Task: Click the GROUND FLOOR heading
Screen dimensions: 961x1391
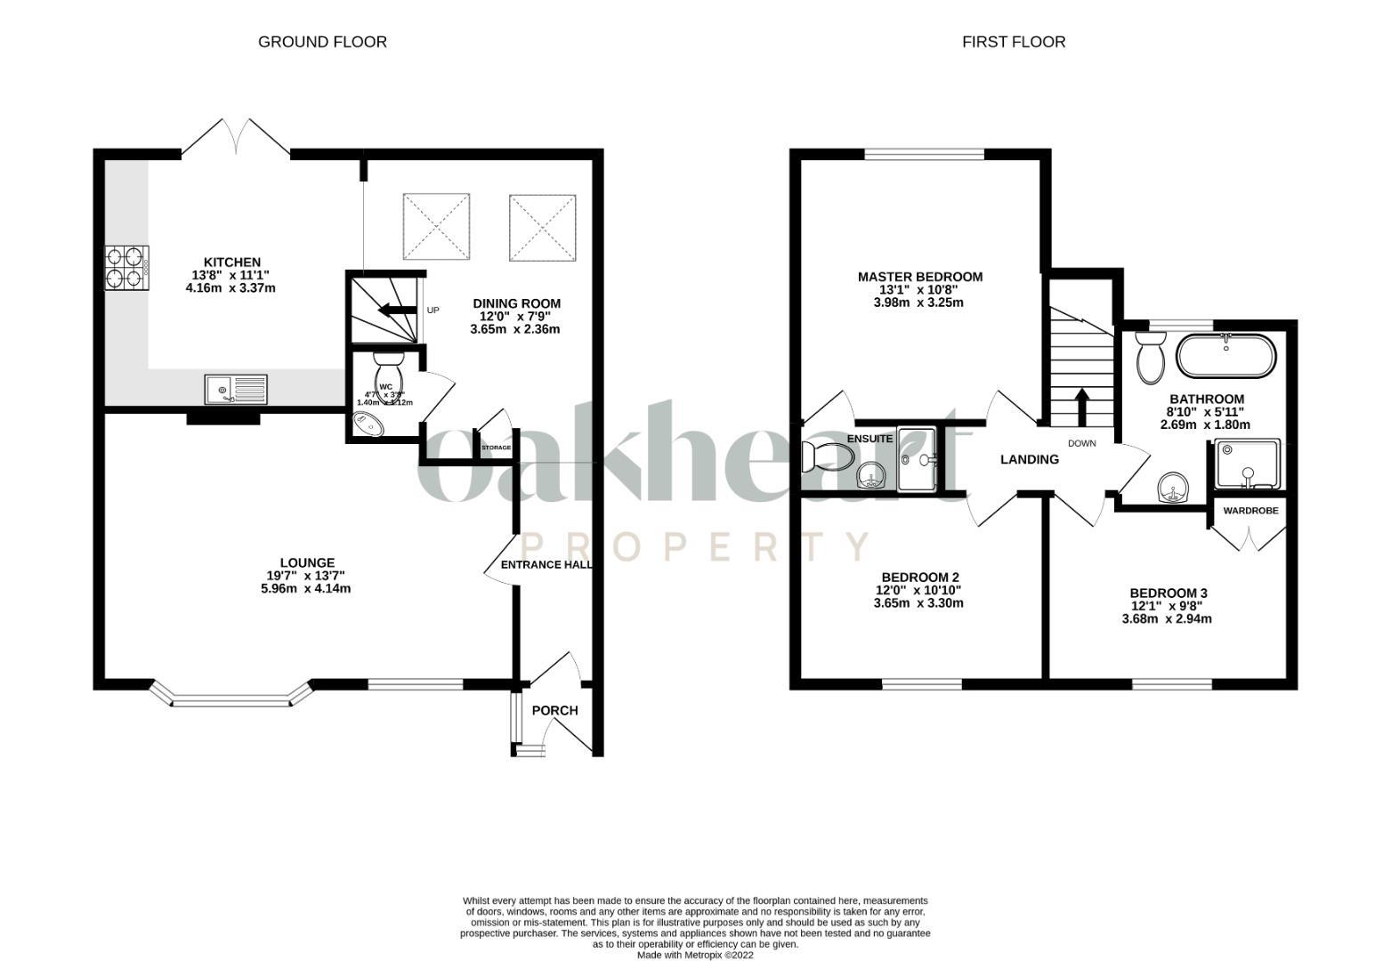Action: click(x=322, y=42)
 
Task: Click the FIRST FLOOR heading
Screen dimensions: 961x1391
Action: click(x=1013, y=42)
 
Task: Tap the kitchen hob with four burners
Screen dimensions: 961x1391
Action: click(x=126, y=268)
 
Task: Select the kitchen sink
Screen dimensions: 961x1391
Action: click(x=235, y=389)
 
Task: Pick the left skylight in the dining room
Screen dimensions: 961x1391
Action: click(x=436, y=228)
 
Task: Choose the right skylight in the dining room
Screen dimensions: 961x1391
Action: click(x=543, y=228)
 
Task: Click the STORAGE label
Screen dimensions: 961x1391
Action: click(x=496, y=448)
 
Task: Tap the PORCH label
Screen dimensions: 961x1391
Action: click(x=554, y=710)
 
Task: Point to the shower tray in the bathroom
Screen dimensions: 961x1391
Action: click(x=1248, y=464)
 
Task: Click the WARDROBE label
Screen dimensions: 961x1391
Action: click(x=1250, y=511)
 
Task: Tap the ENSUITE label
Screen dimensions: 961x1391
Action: click(x=869, y=439)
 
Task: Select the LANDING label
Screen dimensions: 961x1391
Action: click(x=1030, y=460)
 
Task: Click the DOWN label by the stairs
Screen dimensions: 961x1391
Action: click(x=1082, y=443)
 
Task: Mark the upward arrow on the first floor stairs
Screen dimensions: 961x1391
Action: click(x=1082, y=407)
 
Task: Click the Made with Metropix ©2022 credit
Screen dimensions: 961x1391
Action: click(x=695, y=955)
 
